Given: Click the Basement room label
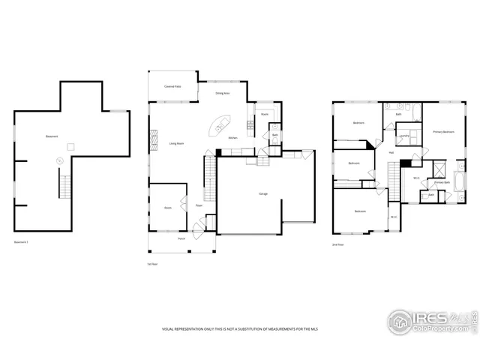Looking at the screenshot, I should pos(52,136).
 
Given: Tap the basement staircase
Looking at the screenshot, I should pos(64,184).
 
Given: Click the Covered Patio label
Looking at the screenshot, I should pos(172,87).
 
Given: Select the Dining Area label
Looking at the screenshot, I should pos(223,94).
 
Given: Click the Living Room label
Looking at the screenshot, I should pos(177,142).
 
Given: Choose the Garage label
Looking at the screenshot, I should pos(263,193).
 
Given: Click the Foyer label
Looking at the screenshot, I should pos(199,205).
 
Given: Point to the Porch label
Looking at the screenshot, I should pos(181,238).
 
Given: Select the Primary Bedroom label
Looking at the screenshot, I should pos(443,132).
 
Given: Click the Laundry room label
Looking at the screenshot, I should pos(403,136).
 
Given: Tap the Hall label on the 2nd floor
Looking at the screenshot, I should pos(391,152).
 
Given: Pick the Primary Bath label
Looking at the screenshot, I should pos(442,182).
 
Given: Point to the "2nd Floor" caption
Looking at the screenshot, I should pos(337,245).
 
